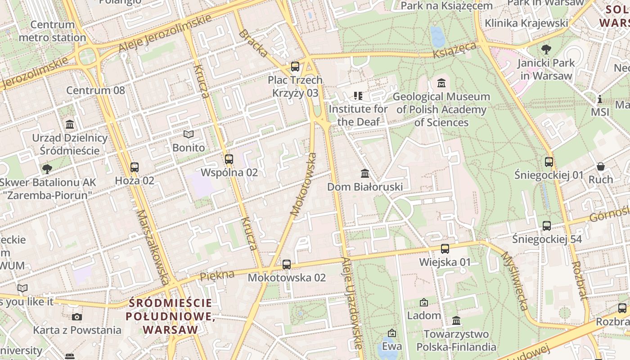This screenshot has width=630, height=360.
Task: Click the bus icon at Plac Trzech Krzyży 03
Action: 295,67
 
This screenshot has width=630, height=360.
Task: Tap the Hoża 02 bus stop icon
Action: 134,167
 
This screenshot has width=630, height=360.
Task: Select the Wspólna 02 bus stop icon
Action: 229,159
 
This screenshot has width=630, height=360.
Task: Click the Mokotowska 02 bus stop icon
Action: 287,265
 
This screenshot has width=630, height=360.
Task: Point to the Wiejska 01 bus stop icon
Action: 445,249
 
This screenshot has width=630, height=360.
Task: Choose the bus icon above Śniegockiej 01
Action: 549,162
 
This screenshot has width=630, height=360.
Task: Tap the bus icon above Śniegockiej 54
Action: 547,226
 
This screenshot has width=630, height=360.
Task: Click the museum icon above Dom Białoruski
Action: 365,173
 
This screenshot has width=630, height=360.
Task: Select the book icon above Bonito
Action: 189,134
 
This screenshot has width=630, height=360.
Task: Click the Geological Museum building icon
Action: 441,83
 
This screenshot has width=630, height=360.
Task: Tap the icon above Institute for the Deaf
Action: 358,95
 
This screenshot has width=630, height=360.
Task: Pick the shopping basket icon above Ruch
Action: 601,166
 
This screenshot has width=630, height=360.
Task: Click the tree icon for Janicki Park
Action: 546,49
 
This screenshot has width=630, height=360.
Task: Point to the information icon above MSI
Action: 599,99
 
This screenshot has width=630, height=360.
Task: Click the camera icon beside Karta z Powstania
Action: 77,317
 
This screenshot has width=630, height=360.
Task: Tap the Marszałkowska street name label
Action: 153,247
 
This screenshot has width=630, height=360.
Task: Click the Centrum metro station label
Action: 53,31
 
